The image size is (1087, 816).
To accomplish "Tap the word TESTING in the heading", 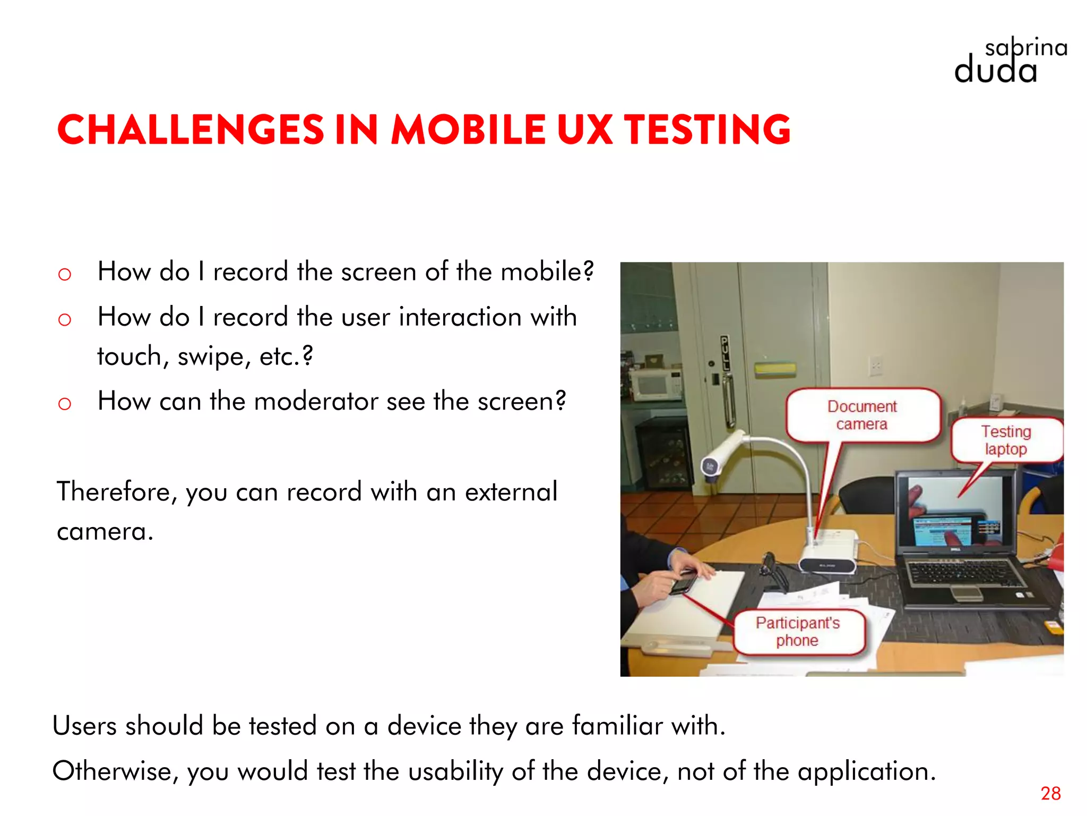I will tap(707, 130).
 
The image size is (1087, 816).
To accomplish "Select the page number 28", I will tap(1050, 793).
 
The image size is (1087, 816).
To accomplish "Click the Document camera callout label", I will tap(862, 415).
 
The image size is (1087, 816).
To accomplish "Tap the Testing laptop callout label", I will tap(1006, 440).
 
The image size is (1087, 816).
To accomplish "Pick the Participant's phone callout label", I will tap(798, 631).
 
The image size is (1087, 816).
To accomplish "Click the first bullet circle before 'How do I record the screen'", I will tap(64, 274).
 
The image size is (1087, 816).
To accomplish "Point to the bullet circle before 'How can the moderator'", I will tap(64, 404).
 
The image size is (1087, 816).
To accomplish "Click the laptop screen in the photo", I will tap(955, 513).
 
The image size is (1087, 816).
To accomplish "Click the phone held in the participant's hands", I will tap(683, 582).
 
